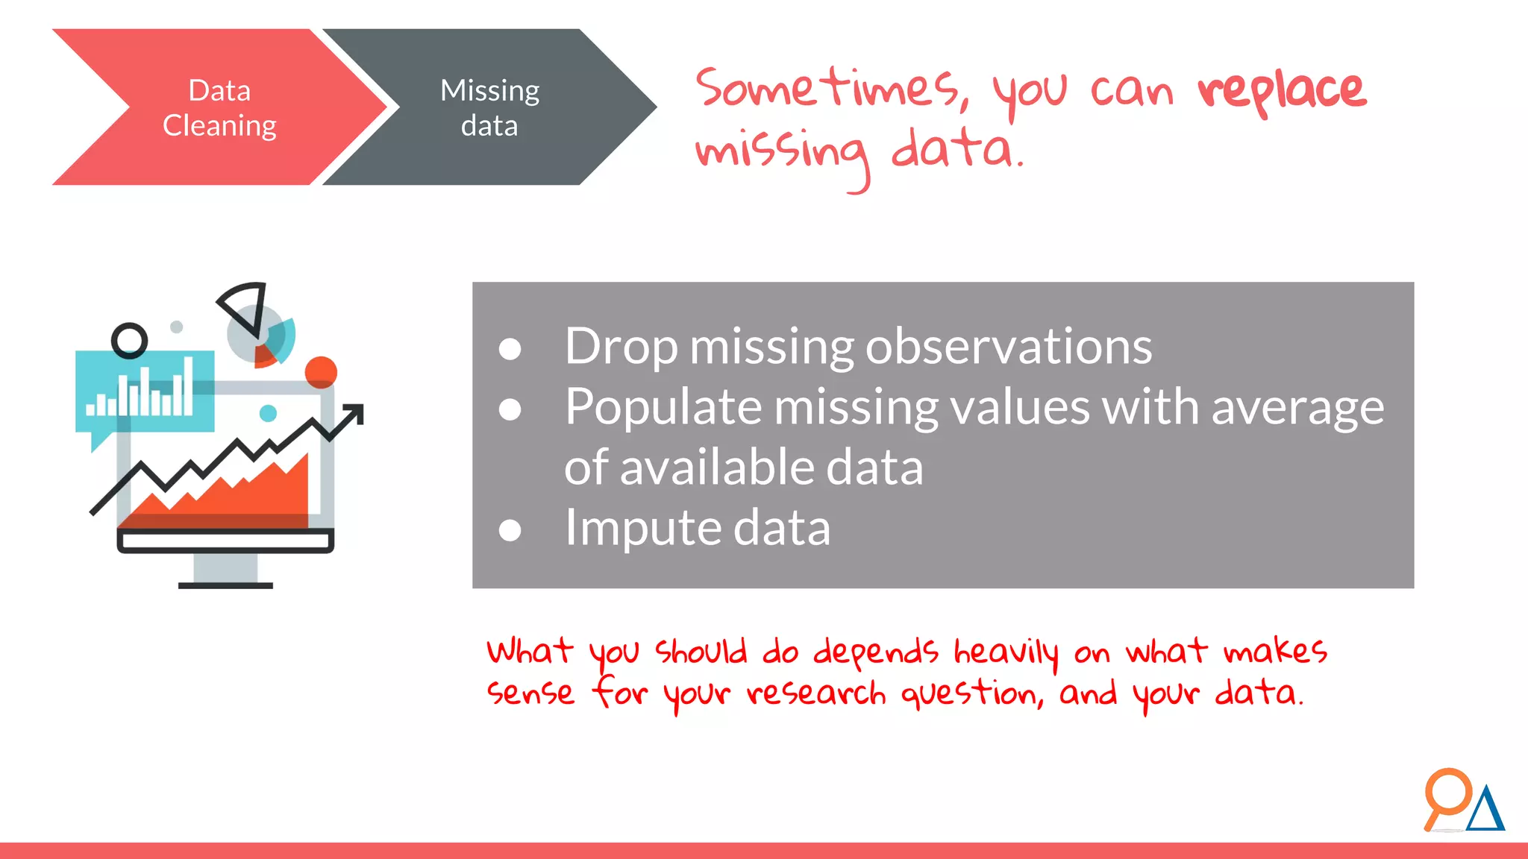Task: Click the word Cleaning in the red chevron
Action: [x=219, y=126]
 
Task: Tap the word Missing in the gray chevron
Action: [x=489, y=91]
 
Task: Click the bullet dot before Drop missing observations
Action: [x=510, y=349]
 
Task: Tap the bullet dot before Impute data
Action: [x=510, y=530]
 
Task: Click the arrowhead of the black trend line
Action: [x=356, y=412]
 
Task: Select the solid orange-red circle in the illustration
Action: [x=321, y=371]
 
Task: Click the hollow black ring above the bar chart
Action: [x=129, y=341]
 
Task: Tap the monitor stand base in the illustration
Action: [x=225, y=585]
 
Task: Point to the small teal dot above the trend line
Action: [x=268, y=413]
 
